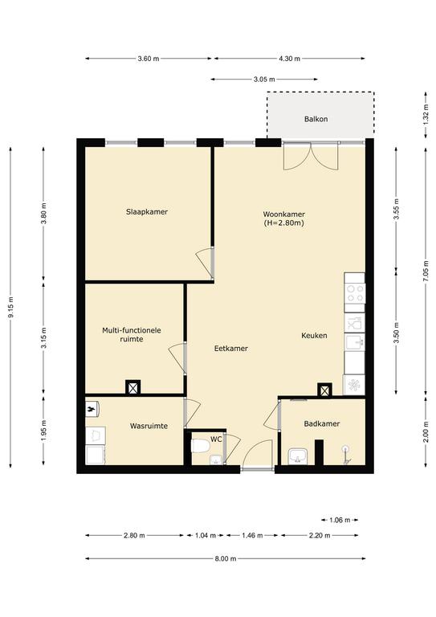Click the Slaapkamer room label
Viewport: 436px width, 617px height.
[x=147, y=212]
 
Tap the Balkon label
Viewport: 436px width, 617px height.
[x=316, y=119]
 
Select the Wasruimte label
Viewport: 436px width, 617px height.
[x=149, y=426]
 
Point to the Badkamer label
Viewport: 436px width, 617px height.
[x=322, y=423]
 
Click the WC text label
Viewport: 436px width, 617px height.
[x=216, y=439]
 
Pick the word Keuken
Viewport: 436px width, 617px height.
[x=314, y=335]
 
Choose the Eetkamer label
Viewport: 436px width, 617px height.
[x=230, y=348]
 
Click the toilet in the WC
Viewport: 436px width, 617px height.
[x=200, y=446]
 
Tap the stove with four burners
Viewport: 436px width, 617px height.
[x=355, y=293]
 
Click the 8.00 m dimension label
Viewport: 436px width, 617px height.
[x=226, y=558]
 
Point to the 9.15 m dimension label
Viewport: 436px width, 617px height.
[x=11, y=307]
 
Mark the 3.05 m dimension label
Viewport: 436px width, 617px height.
[x=264, y=79]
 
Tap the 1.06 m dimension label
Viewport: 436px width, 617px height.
[x=340, y=520]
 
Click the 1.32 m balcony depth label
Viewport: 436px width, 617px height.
[x=426, y=115]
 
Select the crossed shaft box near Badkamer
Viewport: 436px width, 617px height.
[x=324, y=390]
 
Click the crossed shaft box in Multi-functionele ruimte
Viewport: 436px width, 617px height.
[x=132, y=388]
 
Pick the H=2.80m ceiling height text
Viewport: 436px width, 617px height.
[x=284, y=223]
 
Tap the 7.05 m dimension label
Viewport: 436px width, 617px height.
[x=426, y=272]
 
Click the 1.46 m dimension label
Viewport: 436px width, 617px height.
[x=252, y=535]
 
